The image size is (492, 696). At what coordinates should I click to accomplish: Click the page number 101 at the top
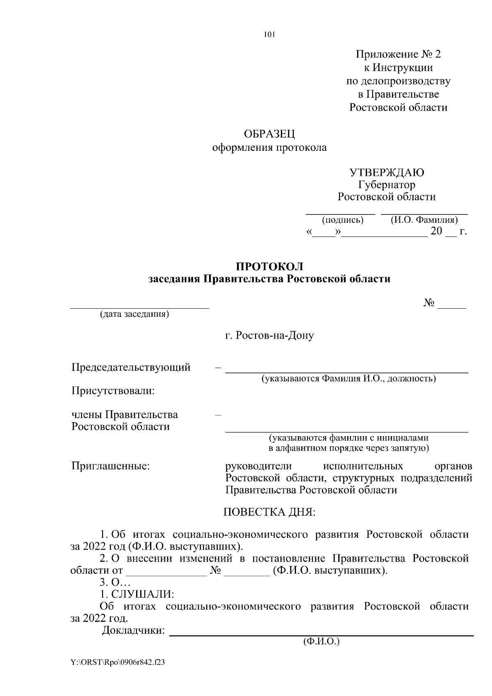[x=269, y=35]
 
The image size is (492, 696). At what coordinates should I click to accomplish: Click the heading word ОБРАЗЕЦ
[x=269, y=134]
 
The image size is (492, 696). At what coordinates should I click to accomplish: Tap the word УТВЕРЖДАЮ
[x=386, y=173]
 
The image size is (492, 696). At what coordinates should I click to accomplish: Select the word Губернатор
[x=386, y=185]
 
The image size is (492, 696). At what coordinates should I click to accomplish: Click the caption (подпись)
[x=343, y=220]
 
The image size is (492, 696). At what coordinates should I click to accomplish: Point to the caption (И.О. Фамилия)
[x=424, y=220]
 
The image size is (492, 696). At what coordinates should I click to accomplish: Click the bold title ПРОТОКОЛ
[x=269, y=266]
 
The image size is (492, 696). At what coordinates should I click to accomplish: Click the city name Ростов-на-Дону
[x=269, y=336]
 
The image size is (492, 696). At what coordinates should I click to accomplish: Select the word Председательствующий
[x=131, y=367]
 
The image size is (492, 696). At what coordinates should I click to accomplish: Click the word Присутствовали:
[x=113, y=391]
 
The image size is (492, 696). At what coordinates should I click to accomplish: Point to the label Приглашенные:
[x=110, y=466]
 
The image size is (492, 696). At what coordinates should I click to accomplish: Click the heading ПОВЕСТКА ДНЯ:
[x=269, y=512]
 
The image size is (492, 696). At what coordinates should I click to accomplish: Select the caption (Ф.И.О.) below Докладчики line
[x=321, y=641]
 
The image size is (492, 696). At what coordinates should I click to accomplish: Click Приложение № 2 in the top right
[x=398, y=55]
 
